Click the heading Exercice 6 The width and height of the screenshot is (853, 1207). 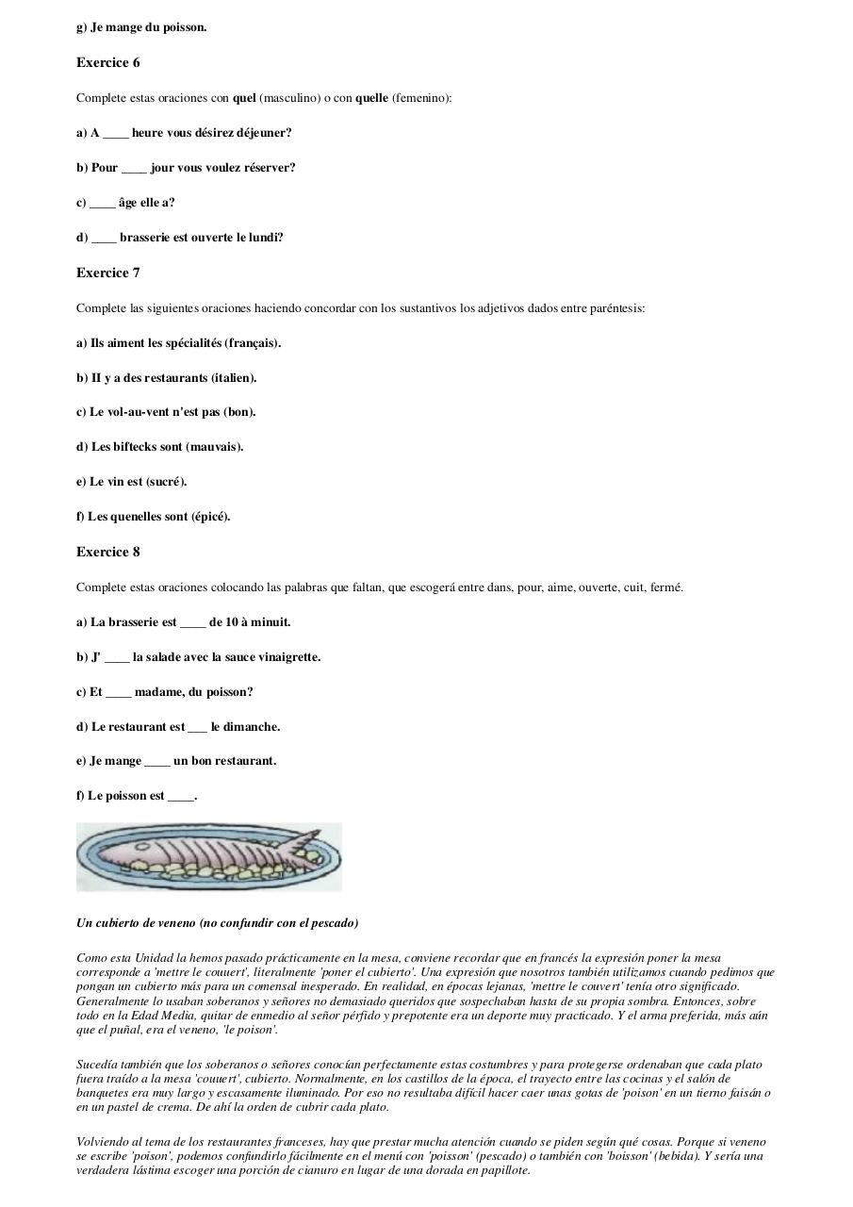[107, 63]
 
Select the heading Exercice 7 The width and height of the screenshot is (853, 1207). [107, 273]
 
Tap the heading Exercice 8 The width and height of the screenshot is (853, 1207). [107, 553]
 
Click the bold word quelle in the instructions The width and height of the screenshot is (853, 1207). [371, 98]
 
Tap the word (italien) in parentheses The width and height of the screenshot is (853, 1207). [234, 378]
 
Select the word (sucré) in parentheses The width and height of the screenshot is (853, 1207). [166, 482]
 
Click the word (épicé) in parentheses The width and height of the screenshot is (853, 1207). [210, 517]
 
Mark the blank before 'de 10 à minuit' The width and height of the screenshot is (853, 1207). [192, 623]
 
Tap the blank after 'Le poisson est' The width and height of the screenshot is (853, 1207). [181, 797]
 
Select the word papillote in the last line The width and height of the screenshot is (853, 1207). [504, 1170]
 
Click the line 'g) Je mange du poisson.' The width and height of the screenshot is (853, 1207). [141, 27]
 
